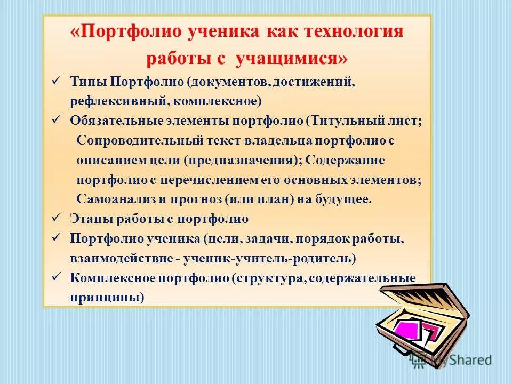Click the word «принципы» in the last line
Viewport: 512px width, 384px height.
click(107, 298)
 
